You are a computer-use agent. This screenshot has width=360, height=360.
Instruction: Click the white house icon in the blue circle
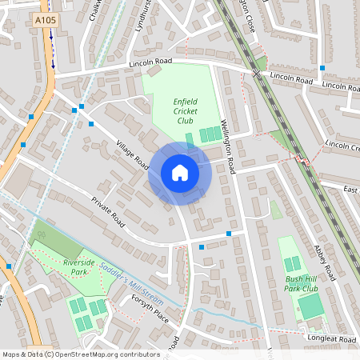coord(179,174)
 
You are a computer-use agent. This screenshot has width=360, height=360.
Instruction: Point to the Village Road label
coord(132,155)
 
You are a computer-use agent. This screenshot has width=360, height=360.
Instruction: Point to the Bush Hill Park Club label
coord(301,282)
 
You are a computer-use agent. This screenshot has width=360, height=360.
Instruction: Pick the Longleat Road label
coord(330,341)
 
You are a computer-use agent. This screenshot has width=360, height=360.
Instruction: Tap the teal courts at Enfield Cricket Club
coord(210,134)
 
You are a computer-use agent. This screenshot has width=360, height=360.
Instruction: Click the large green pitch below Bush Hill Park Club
coord(311,305)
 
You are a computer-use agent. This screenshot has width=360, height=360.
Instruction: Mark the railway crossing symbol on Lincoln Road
coord(257,73)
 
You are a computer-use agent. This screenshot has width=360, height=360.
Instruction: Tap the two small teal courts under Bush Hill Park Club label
coord(294,263)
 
